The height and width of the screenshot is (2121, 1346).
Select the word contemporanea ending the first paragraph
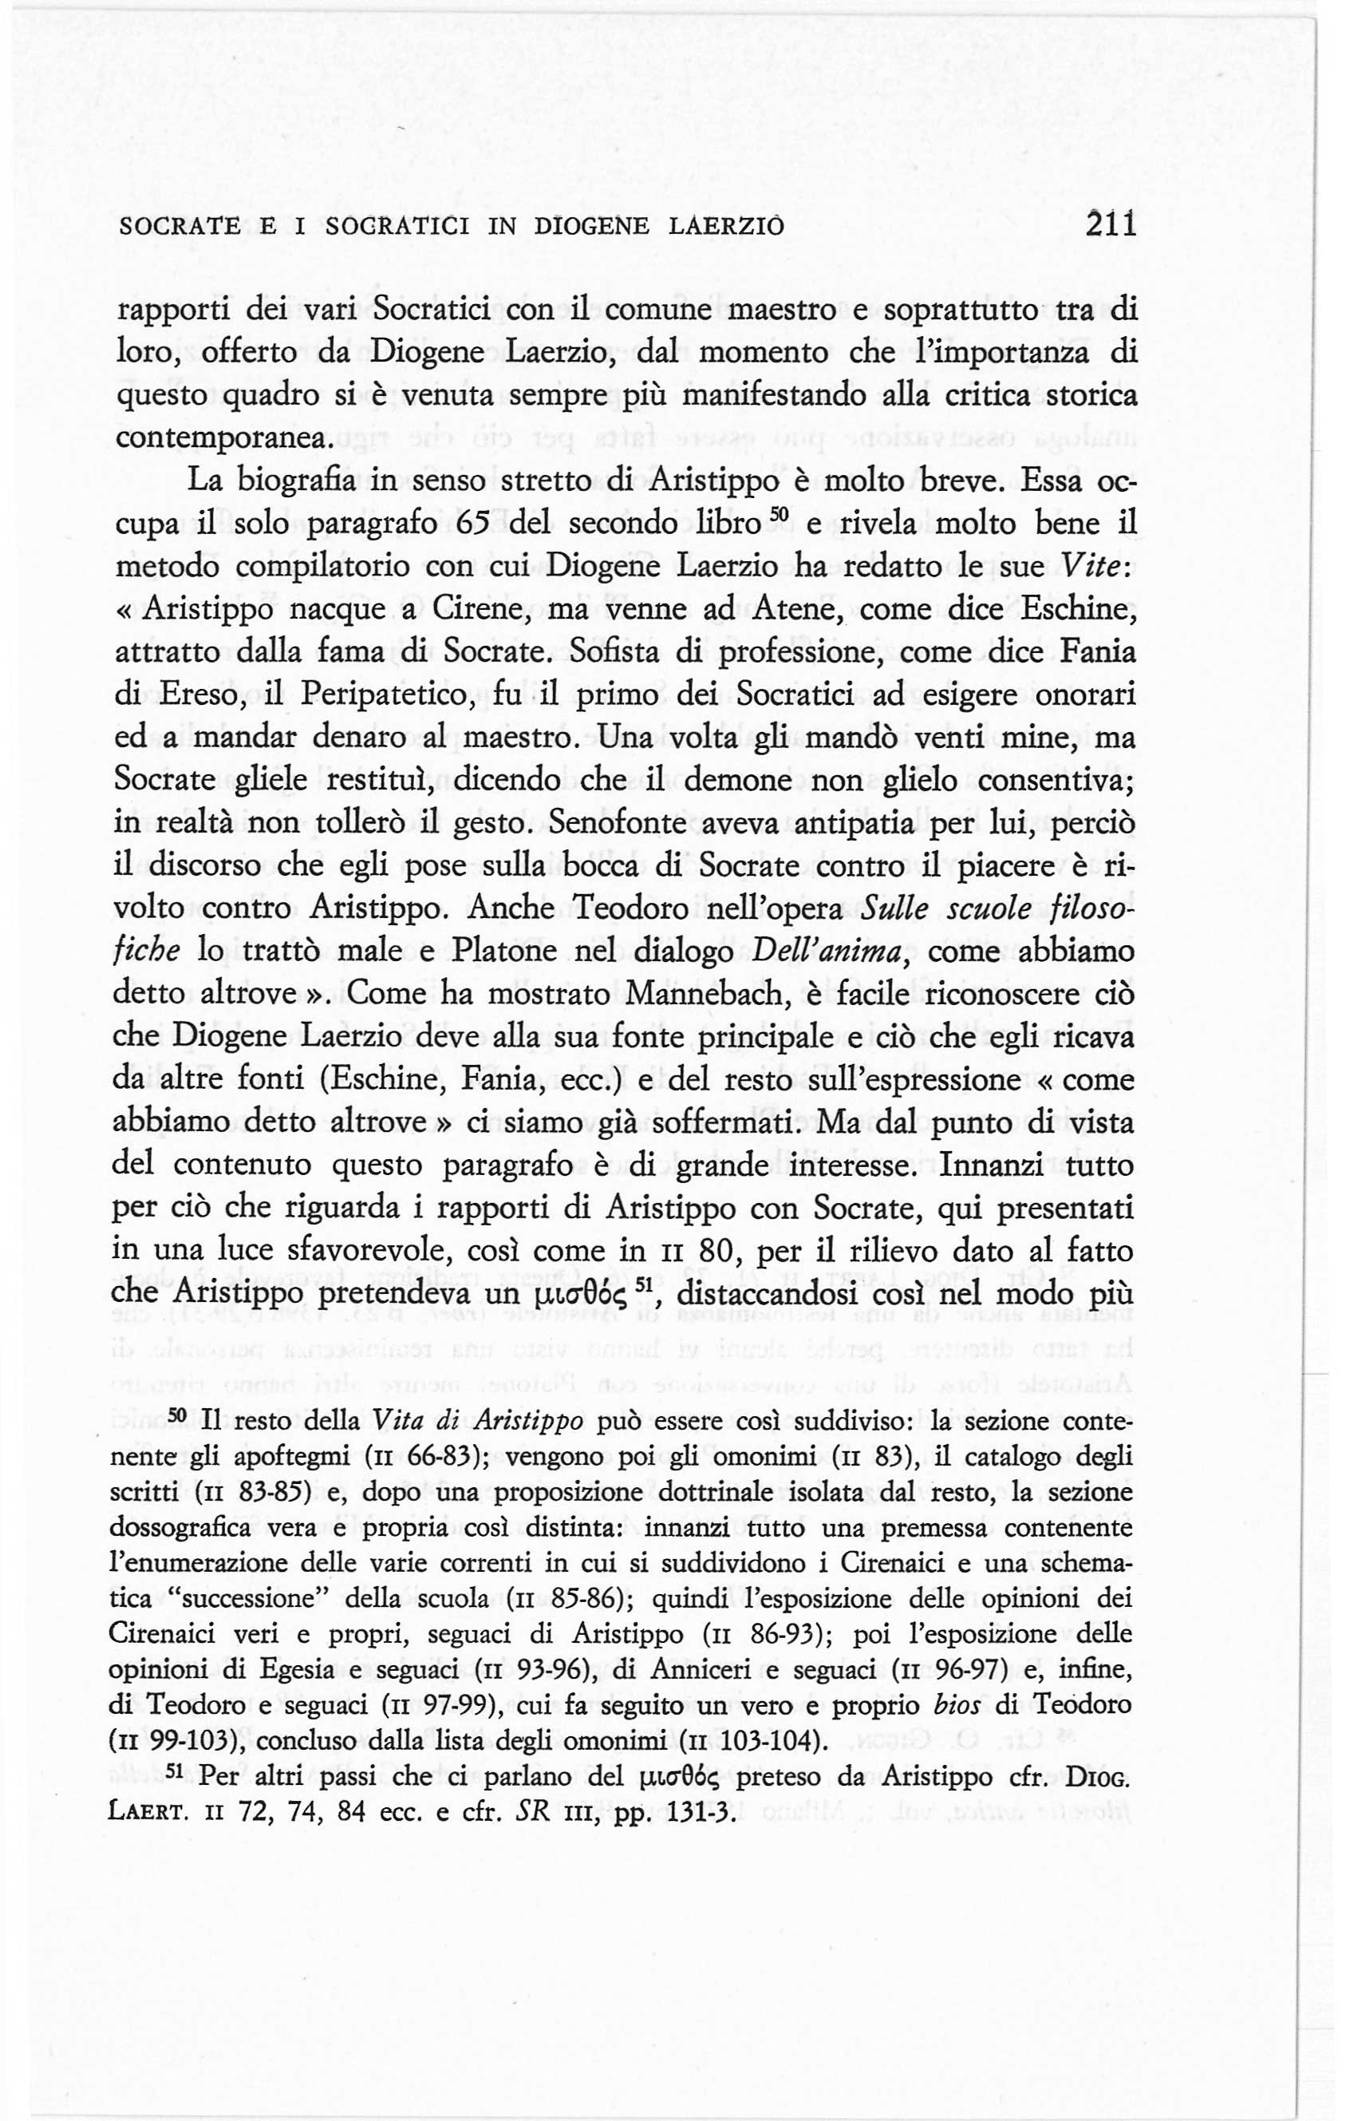[x=225, y=437]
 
